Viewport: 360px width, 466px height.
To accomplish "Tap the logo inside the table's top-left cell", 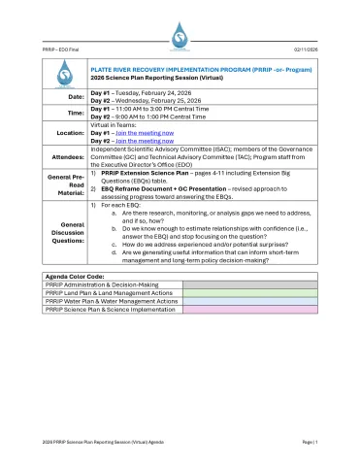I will [x=65, y=77].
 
